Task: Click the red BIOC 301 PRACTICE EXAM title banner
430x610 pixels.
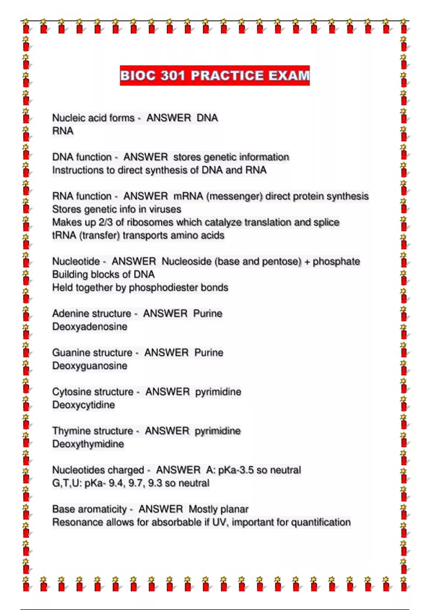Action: point(215,76)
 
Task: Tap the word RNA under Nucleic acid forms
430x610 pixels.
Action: point(63,131)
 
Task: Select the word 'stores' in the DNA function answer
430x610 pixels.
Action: point(187,157)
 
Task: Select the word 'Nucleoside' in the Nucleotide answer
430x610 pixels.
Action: point(187,262)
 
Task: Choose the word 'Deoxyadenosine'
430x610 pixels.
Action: point(90,327)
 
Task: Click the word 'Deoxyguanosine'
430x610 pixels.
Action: point(90,366)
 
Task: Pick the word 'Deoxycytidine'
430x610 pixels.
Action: point(83,405)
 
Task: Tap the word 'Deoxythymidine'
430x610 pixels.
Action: point(88,444)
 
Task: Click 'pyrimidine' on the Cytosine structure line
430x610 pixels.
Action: point(218,392)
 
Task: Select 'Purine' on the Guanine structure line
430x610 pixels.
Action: point(209,353)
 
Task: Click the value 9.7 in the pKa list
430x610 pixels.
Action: point(135,483)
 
